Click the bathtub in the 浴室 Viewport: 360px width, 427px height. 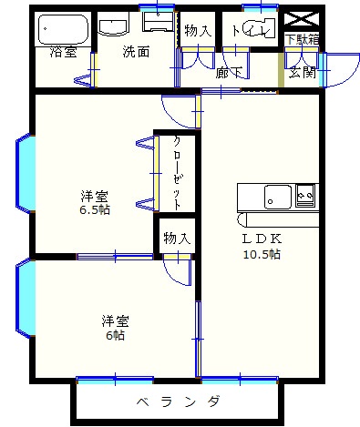[62, 31]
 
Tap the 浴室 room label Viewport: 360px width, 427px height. [63, 53]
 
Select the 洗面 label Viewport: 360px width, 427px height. [136, 52]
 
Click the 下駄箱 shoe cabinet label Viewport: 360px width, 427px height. [302, 40]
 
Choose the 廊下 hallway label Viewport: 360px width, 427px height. [229, 73]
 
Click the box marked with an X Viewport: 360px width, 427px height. [302, 18]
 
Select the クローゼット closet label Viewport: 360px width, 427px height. [175, 173]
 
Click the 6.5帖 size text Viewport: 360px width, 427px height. [94, 210]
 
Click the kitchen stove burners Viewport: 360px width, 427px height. [305, 194]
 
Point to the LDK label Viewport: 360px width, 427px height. [262, 239]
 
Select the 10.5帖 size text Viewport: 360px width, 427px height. [262, 254]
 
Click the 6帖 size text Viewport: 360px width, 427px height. [115, 336]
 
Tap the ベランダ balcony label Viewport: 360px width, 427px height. [180, 402]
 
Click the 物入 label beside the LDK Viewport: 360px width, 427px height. [176, 239]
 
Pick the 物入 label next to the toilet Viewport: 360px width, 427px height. [198, 31]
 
